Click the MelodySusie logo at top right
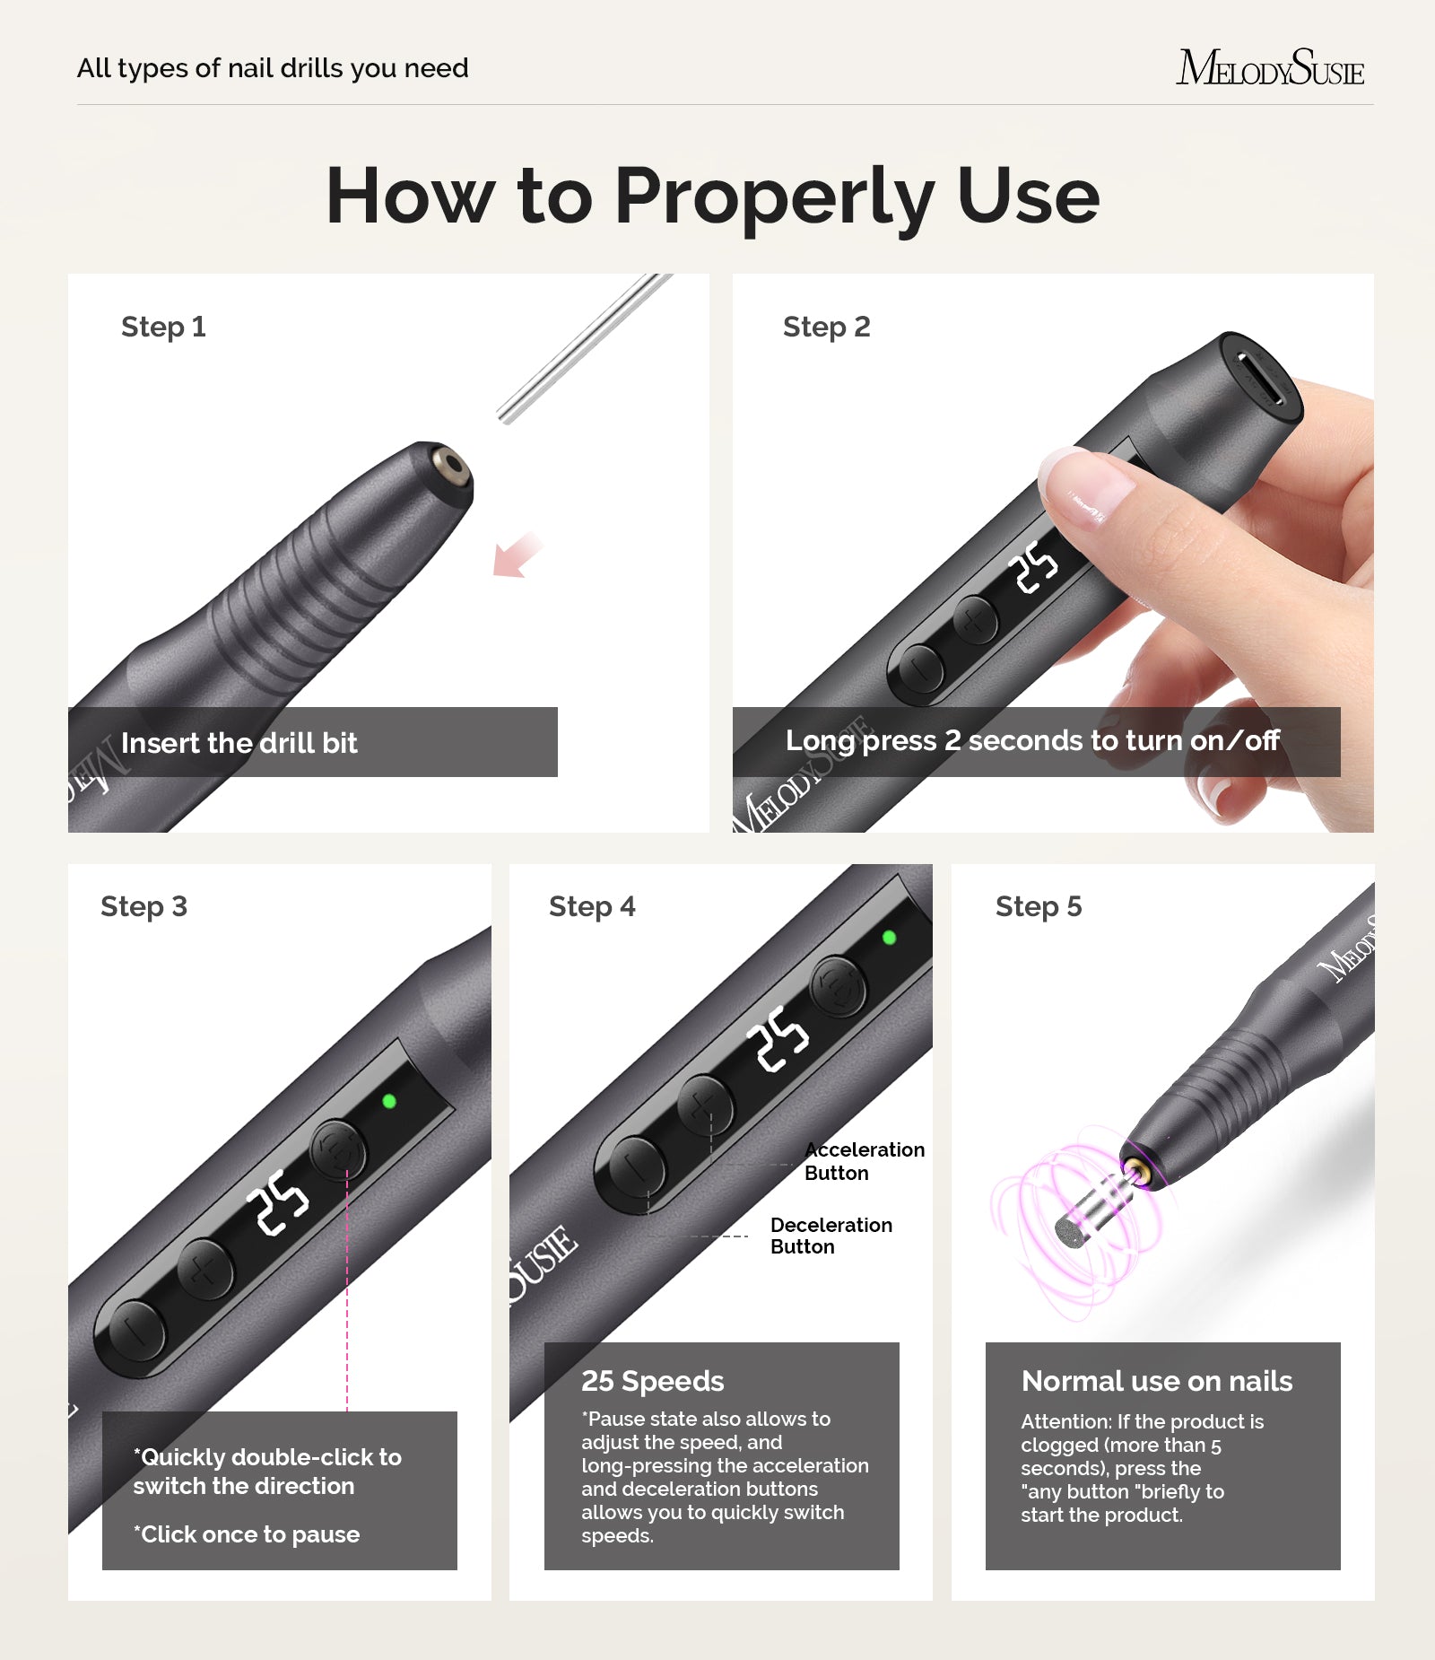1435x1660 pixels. point(1269,68)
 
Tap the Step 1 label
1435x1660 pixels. point(163,327)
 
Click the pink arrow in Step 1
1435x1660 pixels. point(517,555)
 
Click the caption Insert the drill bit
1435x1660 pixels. point(239,743)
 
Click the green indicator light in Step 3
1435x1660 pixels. point(389,1101)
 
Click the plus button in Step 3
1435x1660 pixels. point(204,1268)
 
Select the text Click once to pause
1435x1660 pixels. point(247,1534)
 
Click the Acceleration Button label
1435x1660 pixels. point(863,1161)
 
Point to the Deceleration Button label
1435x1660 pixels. point(831,1236)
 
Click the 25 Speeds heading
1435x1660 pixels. point(652,1381)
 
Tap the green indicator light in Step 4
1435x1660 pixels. point(889,938)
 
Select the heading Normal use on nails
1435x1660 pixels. point(1156,1381)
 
